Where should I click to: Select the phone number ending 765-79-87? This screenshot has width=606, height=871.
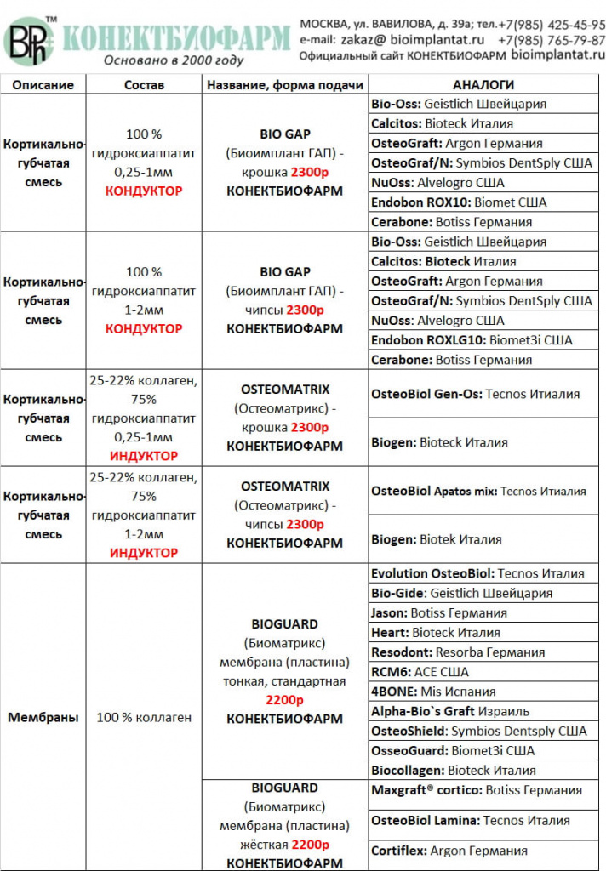(552, 39)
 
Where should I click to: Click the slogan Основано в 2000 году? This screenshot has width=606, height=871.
(173, 60)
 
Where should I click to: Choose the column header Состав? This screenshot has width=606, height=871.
(144, 85)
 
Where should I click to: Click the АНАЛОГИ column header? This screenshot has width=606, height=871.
(483, 85)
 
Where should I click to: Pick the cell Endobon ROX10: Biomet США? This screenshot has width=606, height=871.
(459, 202)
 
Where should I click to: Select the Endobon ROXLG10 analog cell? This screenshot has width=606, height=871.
(472, 340)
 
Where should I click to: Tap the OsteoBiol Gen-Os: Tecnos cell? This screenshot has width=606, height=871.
(476, 394)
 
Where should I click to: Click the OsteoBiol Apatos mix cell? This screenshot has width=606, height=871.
(478, 492)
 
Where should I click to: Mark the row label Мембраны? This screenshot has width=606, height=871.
(43, 717)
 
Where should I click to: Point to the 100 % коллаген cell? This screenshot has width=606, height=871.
(144, 717)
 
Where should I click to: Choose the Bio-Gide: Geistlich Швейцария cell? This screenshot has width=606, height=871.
(461, 593)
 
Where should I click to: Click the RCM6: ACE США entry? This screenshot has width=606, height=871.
(420, 672)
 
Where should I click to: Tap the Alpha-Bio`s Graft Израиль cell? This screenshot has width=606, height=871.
(450, 711)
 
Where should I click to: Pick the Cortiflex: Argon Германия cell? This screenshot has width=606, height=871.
(449, 851)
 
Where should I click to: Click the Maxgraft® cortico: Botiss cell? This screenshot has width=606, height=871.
(477, 791)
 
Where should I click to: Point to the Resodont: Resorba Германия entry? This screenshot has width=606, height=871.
(458, 652)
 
